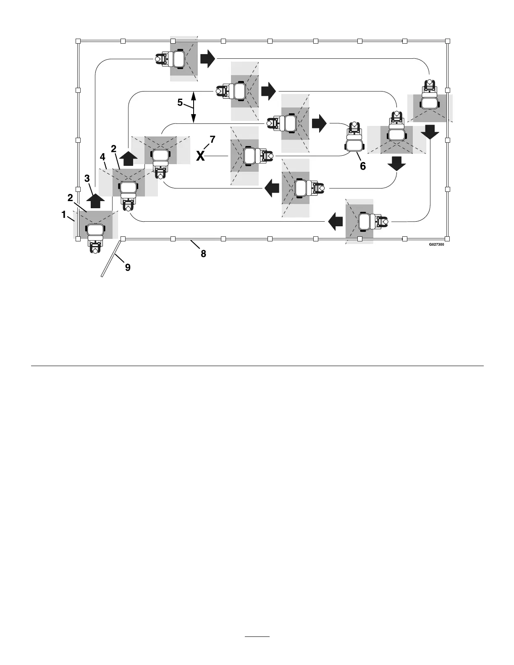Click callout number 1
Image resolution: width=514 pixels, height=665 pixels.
[64, 215]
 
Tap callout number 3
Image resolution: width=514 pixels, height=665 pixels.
[87, 178]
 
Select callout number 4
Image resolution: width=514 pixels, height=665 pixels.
[102, 157]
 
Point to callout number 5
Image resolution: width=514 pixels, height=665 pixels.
[180, 102]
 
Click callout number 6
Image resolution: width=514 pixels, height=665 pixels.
[362, 166]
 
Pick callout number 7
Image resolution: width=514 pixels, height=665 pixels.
[212, 139]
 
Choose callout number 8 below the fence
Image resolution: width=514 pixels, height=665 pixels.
[203, 254]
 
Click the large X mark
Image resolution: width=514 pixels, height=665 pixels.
[201, 156]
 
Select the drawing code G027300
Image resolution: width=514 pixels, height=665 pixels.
[436, 245]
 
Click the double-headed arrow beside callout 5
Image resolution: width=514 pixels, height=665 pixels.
[193, 107]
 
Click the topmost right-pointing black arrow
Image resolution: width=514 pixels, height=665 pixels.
[207, 59]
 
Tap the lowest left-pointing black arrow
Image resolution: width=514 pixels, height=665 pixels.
[335, 221]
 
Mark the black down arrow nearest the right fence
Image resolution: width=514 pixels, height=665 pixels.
[430, 134]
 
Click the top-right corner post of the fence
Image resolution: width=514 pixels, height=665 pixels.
[448, 41]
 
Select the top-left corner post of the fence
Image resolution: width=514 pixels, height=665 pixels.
[78, 41]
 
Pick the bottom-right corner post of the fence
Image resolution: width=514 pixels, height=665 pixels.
[448, 239]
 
